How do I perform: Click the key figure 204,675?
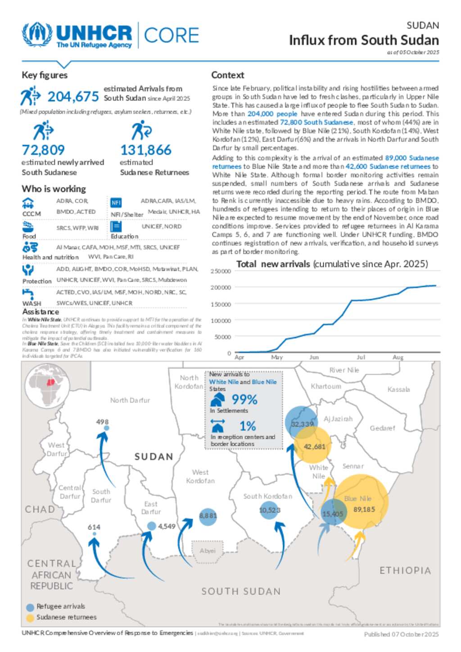point(73,97)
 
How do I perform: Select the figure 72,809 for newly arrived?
point(43,150)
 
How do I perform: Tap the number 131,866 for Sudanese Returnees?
point(146,150)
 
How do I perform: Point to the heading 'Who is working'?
point(54,189)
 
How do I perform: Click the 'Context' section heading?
point(228,75)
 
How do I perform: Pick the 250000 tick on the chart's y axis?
point(221,271)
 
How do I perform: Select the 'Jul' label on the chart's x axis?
point(361,357)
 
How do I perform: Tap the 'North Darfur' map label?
point(130,400)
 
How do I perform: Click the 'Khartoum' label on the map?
point(326,386)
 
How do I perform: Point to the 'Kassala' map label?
point(398,389)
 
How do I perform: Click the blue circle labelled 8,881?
point(208,516)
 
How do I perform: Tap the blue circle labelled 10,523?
point(269,510)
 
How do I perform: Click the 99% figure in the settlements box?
point(244,400)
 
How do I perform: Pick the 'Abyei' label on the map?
point(208,551)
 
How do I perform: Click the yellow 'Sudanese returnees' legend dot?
point(30,618)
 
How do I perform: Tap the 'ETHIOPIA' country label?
point(405,571)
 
